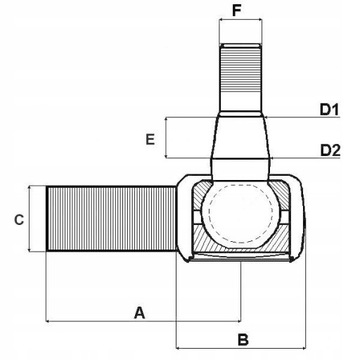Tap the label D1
coord(330,108)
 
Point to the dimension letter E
coord(150,139)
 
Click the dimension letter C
coord(17,218)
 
